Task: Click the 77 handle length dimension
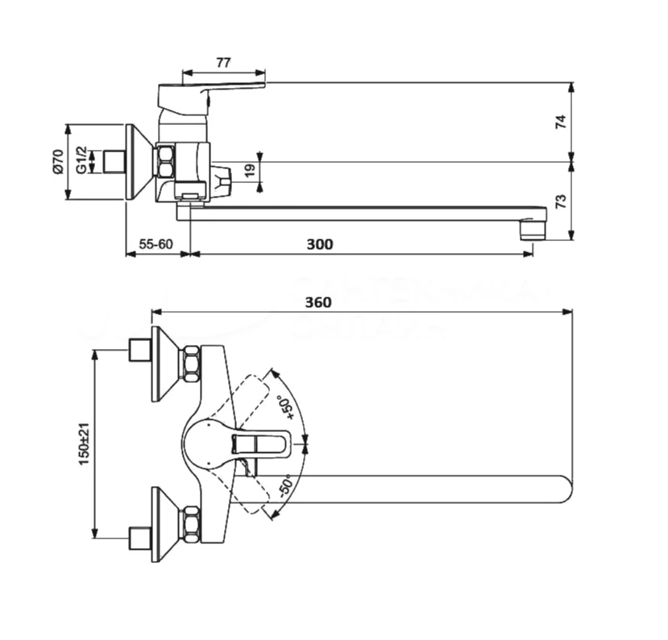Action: coord(223,61)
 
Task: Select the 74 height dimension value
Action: coord(562,122)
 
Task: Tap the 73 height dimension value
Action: coord(562,201)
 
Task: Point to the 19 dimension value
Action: coord(250,170)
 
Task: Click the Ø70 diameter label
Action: coord(58,161)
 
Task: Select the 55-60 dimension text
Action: coord(156,244)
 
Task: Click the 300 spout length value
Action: coord(320,244)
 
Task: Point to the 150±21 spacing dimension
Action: coord(84,444)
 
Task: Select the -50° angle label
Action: coord(284,487)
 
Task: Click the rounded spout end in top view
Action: coord(561,488)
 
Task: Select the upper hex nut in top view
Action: coord(191,364)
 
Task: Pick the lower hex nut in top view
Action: coord(191,525)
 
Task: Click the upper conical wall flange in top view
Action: coord(165,364)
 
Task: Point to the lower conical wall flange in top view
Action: coord(165,525)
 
